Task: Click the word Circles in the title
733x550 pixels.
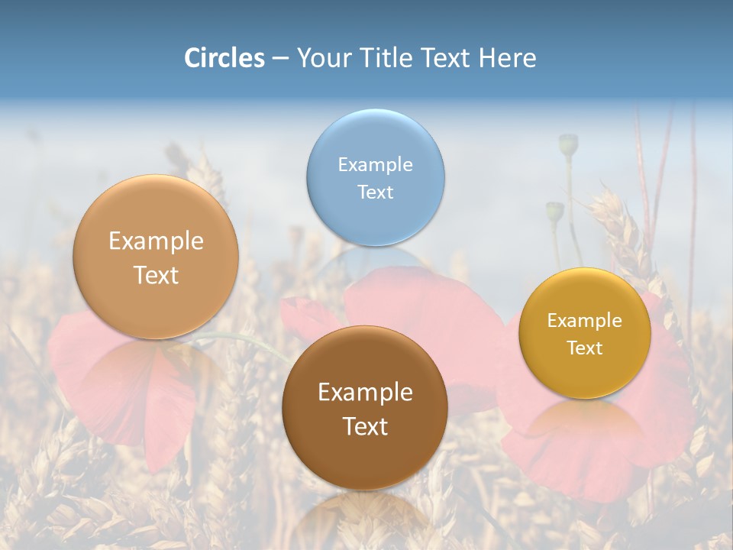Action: point(224,58)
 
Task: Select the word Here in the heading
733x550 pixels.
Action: point(507,58)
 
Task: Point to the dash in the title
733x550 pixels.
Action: point(280,59)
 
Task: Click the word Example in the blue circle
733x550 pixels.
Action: point(375,165)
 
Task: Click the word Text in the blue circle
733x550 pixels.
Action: point(375,192)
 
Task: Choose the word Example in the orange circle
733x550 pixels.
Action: point(156,241)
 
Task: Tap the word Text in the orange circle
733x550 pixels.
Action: point(156,276)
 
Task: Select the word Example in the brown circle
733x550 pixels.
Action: point(365,393)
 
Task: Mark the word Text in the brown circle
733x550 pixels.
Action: point(365,426)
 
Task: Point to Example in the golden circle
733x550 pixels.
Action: point(585,321)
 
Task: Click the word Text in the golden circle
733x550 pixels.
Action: point(585,348)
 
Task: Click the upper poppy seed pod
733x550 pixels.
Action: point(568,143)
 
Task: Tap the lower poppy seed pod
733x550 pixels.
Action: point(554,211)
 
